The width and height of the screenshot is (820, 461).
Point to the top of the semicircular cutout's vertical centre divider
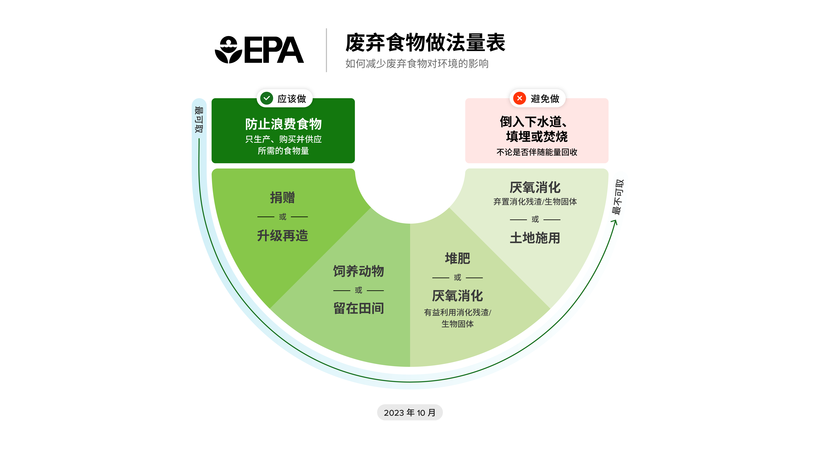tap(410, 224)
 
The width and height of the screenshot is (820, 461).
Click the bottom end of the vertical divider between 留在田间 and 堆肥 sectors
tap(410, 367)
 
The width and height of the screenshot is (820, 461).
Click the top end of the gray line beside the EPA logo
tap(326, 29)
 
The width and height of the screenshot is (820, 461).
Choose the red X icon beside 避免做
tap(519, 98)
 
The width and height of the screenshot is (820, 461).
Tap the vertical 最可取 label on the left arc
tap(199, 120)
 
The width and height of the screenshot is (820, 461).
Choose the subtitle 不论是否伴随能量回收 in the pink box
tap(537, 152)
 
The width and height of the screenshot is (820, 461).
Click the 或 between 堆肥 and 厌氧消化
tap(457, 277)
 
